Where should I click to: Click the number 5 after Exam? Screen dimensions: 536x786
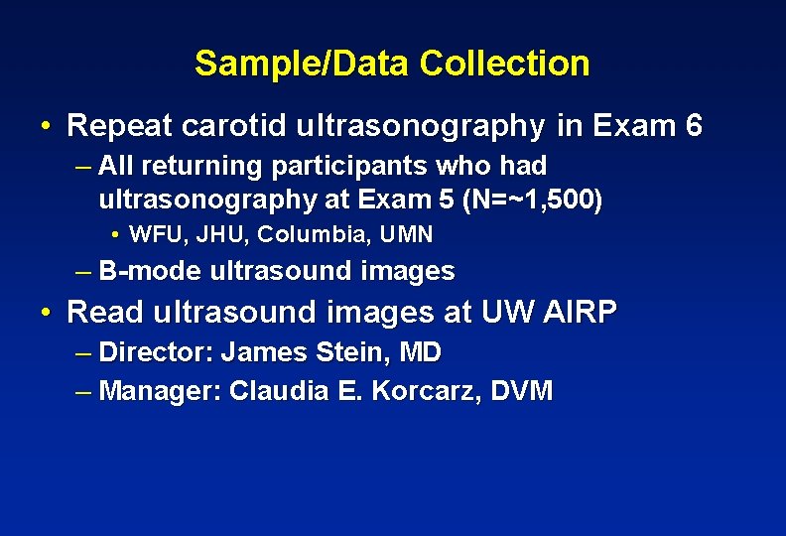(x=446, y=200)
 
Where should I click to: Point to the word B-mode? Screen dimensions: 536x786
(x=151, y=271)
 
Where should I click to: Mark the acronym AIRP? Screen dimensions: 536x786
(x=580, y=313)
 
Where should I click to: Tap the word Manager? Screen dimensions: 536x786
(x=160, y=390)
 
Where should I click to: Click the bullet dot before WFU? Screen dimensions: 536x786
(x=116, y=235)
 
